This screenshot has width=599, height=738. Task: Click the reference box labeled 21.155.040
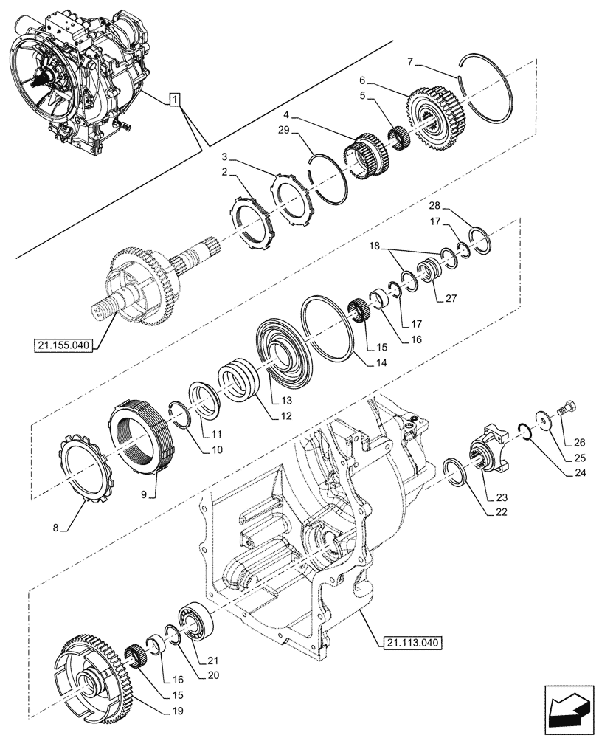coord(65,345)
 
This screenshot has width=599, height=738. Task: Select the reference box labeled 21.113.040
coord(412,642)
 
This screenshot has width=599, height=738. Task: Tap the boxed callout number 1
coord(174,99)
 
